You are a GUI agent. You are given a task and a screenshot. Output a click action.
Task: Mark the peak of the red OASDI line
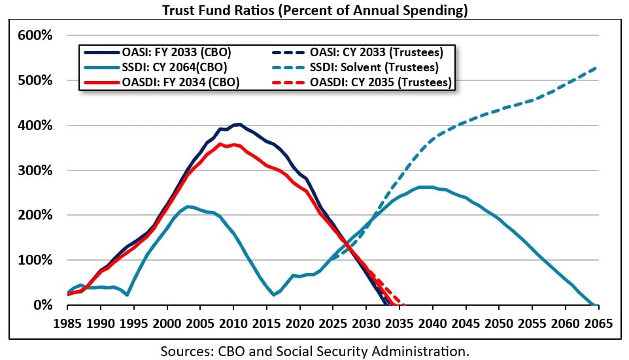(221, 144)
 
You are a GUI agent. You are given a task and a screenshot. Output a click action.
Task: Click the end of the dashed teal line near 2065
(596, 67)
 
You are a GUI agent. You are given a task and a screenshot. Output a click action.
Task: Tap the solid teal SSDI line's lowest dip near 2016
(274, 295)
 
